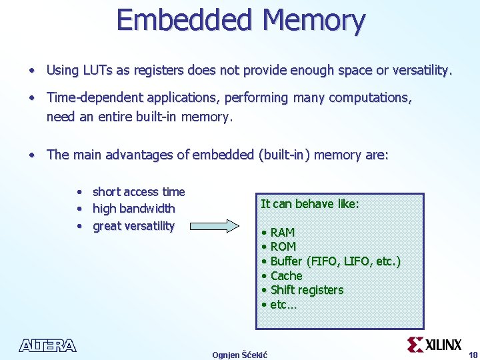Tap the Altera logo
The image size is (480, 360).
47,345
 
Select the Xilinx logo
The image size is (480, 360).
434,344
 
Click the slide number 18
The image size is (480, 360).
473,354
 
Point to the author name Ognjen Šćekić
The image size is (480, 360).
239,355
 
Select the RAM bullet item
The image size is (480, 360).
282,232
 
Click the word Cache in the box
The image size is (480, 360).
286,275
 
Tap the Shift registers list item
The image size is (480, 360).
307,290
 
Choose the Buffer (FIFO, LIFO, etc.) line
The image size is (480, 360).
335,261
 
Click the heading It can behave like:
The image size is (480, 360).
309,204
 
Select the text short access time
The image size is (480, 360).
139,192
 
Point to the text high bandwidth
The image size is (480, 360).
133,209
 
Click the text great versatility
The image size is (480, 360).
133,226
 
